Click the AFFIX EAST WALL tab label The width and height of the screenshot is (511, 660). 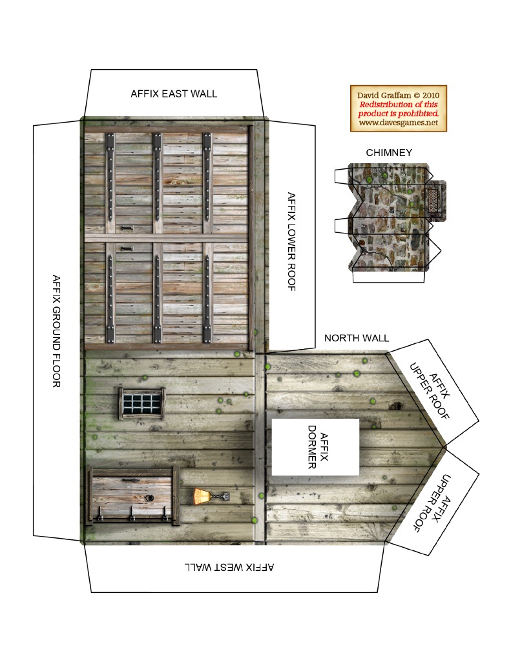coord(174,94)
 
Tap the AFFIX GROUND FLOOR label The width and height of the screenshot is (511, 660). coord(56,331)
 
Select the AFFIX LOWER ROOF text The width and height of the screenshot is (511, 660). coord(291,241)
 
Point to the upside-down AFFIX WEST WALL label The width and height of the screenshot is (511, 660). coord(229,567)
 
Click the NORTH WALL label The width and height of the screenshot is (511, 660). coord(357,338)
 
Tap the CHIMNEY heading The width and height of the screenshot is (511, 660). coord(389,152)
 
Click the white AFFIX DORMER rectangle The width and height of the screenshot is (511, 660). coord(315,447)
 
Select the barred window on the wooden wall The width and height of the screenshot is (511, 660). coord(142,404)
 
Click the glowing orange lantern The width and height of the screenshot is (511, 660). coord(202,496)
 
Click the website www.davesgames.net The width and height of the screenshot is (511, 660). coord(399,123)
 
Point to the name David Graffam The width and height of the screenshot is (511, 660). coord(384,95)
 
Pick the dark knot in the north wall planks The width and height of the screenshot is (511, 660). coord(396,406)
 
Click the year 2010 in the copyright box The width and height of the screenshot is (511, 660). coord(430,95)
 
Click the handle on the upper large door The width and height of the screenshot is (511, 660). coord(127,228)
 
